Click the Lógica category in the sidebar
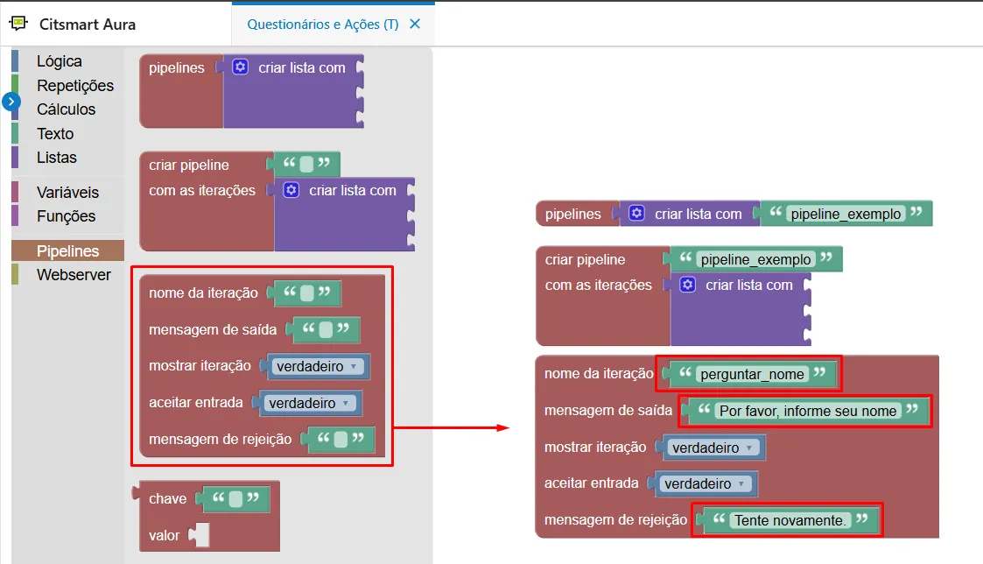[59, 60]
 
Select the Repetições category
[75, 85]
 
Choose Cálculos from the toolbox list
[66, 109]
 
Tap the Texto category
[55, 134]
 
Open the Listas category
[56, 158]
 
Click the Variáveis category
[67, 192]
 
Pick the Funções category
[66, 215]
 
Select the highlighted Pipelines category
[67, 251]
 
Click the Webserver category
[74, 275]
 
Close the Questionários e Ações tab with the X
[414, 24]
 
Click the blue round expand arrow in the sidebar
[11, 102]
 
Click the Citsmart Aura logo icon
[18, 24]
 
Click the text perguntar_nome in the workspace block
[752, 375]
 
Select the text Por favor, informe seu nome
[807, 411]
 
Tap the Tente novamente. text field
[790, 520]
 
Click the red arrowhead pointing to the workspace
[502, 428]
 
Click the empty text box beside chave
[235, 498]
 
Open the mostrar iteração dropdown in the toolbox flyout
[317, 366]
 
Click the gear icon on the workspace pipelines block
[636, 214]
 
